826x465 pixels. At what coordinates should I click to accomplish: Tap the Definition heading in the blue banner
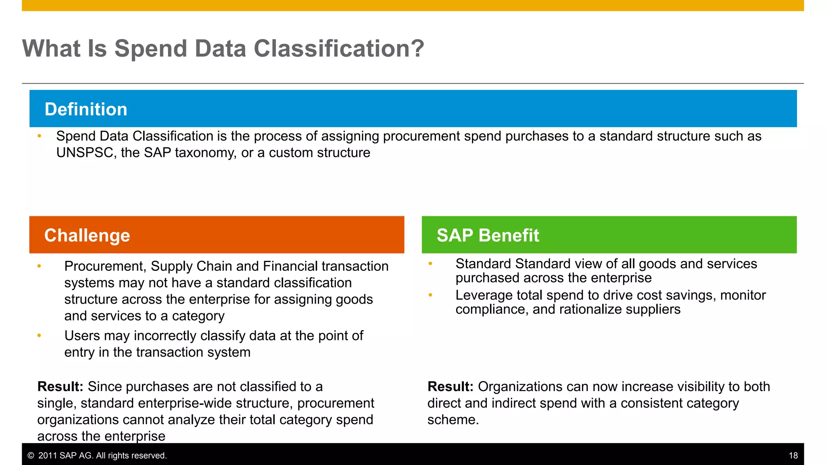pyautogui.click(x=86, y=109)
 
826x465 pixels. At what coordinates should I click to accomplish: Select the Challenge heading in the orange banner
pyautogui.click(x=87, y=235)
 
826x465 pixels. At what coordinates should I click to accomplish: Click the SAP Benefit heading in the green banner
pyautogui.click(x=488, y=235)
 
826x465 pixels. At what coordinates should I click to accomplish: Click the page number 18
pyautogui.click(x=793, y=456)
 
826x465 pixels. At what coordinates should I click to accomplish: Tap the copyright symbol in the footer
pyautogui.click(x=31, y=456)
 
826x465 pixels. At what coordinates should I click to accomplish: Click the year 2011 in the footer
pyautogui.click(x=48, y=456)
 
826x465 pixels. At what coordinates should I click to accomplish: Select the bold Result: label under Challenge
pyautogui.click(x=60, y=387)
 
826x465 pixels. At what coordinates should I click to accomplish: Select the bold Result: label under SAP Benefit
pyautogui.click(x=450, y=387)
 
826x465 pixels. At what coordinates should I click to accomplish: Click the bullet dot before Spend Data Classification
pyautogui.click(x=39, y=136)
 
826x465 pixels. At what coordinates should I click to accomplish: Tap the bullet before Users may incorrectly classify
pyautogui.click(x=39, y=335)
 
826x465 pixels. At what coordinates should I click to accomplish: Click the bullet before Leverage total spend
pyautogui.click(x=430, y=295)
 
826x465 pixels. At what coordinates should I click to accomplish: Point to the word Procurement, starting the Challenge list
pyautogui.click(x=105, y=266)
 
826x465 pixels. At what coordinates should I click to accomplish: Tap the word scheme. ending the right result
pyautogui.click(x=453, y=420)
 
